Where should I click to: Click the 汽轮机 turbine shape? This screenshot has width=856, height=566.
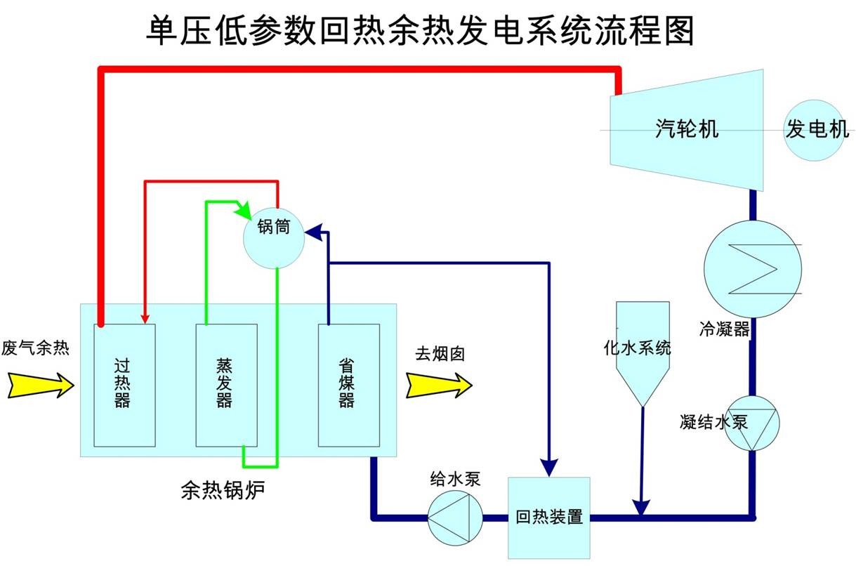[x=685, y=130]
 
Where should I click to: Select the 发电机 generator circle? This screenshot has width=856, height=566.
[x=815, y=130]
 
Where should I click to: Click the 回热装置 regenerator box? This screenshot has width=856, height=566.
[x=548, y=518]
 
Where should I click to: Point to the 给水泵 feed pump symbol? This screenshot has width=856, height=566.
[x=454, y=518]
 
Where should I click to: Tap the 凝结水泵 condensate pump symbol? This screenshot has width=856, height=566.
[x=751, y=423]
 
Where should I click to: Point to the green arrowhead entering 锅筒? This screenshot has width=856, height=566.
[x=244, y=209]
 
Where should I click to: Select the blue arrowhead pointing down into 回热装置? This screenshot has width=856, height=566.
[x=548, y=466]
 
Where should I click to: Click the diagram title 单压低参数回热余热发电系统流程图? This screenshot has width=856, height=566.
[x=420, y=31]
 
